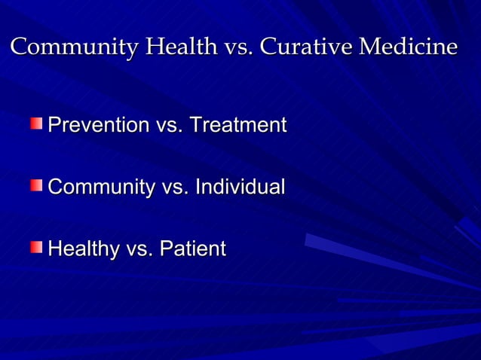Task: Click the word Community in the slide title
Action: point(74,47)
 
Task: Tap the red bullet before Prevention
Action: point(37,123)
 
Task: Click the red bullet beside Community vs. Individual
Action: point(37,185)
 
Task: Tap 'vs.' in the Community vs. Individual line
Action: point(176,188)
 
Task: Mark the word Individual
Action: point(240,187)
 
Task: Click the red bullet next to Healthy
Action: point(37,246)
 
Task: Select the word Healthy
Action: point(81,249)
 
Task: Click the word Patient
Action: point(191,249)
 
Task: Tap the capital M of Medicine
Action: point(369,47)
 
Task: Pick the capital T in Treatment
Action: point(195,125)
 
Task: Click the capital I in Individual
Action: point(198,187)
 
